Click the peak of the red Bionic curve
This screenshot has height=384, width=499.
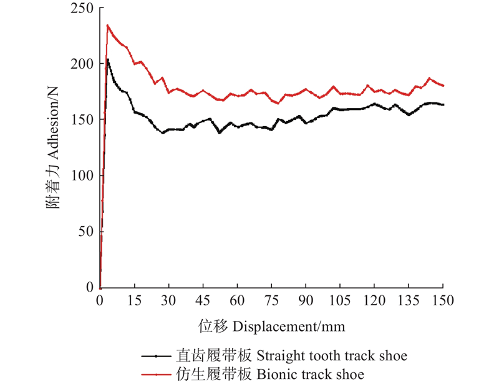tap(108, 26)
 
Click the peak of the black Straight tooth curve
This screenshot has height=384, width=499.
tap(108, 59)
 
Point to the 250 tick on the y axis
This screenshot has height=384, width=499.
tap(84, 8)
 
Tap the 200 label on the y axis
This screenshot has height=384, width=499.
tap(84, 64)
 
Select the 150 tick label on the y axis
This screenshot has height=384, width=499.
tap(84, 119)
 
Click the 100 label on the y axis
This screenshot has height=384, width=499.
tap(84, 175)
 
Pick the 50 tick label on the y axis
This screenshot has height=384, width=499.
tap(87, 231)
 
